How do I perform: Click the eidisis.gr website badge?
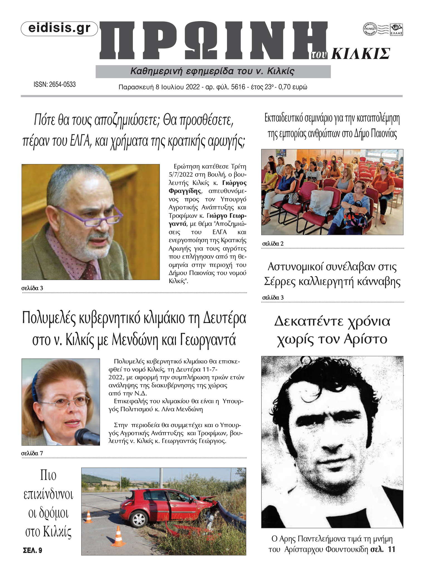click(59, 29)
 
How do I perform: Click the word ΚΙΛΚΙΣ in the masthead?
click(360, 54)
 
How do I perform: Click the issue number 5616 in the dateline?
click(238, 87)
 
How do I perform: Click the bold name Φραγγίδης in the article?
click(185, 191)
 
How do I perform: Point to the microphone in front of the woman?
click(87, 436)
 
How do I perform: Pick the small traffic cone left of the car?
click(89, 517)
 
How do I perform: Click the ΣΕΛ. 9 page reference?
click(33, 550)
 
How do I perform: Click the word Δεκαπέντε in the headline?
click(309, 321)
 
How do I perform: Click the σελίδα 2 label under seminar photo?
click(273, 244)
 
